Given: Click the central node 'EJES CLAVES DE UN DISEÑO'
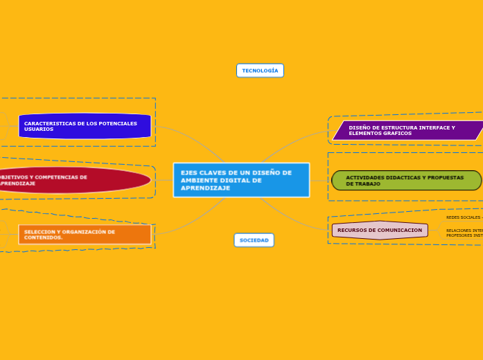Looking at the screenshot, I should (x=241, y=180).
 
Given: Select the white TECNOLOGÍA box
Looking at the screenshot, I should (x=260, y=71).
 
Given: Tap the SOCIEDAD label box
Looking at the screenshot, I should (x=254, y=240).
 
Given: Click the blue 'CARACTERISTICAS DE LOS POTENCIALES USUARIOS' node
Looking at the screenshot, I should (x=85, y=126).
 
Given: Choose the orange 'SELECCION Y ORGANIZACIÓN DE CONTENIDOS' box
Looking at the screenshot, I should (x=85, y=235).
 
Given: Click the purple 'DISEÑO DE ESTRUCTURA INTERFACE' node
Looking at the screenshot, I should (x=407, y=130).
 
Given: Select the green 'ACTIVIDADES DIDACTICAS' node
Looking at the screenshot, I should (x=406, y=181).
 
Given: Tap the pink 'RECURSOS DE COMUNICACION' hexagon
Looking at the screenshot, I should (x=380, y=231).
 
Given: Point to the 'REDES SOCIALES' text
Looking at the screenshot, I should (x=463, y=217).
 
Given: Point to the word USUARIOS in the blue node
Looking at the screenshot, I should (x=39, y=129).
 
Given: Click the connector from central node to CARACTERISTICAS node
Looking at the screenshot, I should (x=194, y=138).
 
